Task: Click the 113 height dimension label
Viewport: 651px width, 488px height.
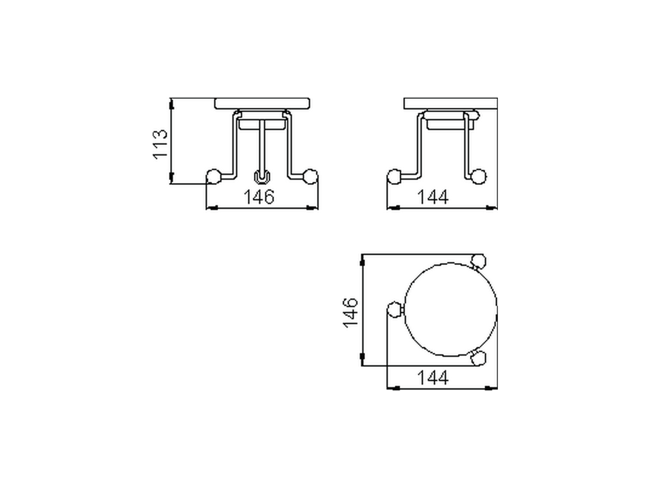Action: (x=160, y=144)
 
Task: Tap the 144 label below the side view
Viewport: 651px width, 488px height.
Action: (x=433, y=196)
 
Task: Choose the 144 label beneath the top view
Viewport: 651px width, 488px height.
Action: (x=433, y=378)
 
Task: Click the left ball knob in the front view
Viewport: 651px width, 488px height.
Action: (x=213, y=176)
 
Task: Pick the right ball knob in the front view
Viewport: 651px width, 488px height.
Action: (x=310, y=176)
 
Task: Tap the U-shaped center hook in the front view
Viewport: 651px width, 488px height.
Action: (x=261, y=177)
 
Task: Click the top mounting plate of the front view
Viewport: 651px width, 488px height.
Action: (x=262, y=104)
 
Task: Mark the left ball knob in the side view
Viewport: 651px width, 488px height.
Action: (x=394, y=176)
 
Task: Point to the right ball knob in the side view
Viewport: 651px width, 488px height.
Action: (x=478, y=176)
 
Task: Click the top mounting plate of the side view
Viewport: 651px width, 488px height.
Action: (x=450, y=104)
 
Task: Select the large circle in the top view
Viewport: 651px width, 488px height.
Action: (x=450, y=309)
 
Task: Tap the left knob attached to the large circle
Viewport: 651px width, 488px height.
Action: (x=395, y=309)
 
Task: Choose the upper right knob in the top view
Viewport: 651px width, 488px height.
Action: (x=478, y=261)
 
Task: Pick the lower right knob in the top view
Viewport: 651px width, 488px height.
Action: (x=478, y=359)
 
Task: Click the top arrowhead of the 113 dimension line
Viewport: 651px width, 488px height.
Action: (x=171, y=104)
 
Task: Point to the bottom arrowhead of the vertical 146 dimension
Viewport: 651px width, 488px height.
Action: (x=362, y=358)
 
